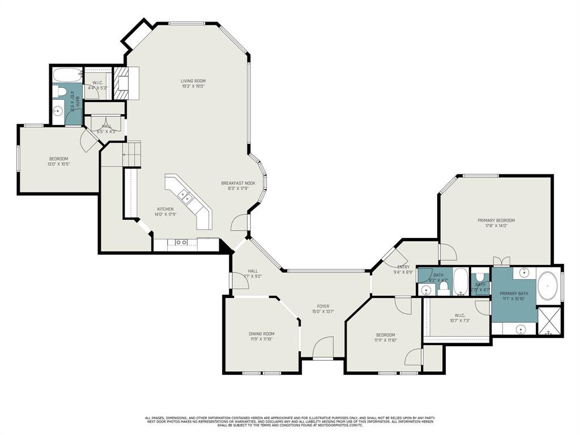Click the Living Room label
point(193,81)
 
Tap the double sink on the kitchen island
point(185,197)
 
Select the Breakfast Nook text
point(233,183)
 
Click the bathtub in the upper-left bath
point(66,75)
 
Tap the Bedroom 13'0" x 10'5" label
point(58,159)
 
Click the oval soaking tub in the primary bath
point(547,286)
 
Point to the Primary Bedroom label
point(496,220)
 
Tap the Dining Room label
point(261,334)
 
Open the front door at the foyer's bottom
point(323,349)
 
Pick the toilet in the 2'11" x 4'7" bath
point(480,278)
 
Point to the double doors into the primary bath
point(501,261)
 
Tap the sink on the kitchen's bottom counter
point(181,242)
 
